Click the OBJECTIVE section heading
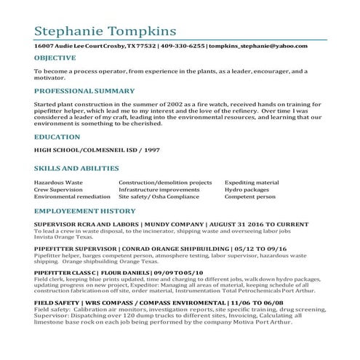(x=55, y=57)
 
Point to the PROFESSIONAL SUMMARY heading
(x=84, y=91)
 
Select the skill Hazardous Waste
(x=58, y=183)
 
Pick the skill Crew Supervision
(x=57, y=189)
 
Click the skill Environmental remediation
(x=71, y=196)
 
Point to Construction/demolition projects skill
(x=165, y=183)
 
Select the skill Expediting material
(x=252, y=183)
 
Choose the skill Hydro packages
(x=247, y=189)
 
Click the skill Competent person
(x=249, y=196)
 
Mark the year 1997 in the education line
(x=151, y=150)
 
